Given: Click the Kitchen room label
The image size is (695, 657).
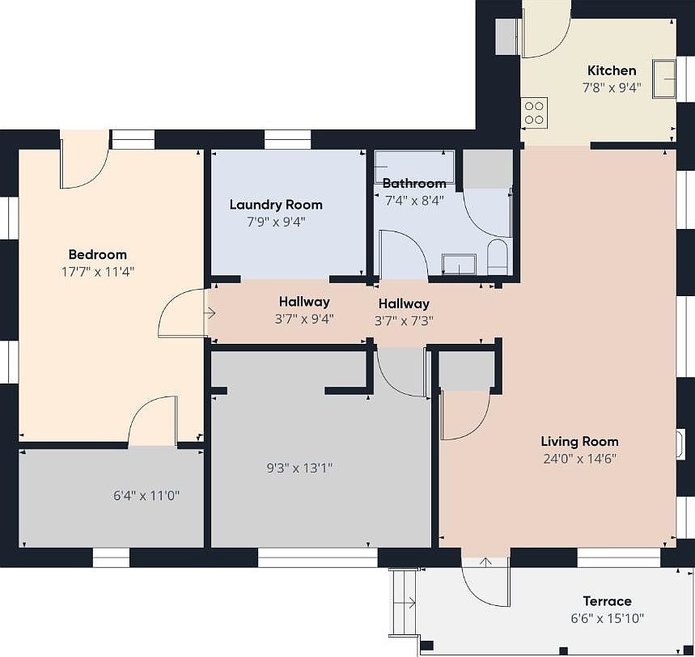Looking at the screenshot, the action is pyautogui.click(x=612, y=70).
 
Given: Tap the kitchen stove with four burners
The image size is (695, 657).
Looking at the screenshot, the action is pyautogui.click(x=534, y=112).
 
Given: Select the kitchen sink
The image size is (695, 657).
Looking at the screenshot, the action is pyautogui.click(x=664, y=79).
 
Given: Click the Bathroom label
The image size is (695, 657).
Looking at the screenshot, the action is pyautogui.click(x=414, y=183).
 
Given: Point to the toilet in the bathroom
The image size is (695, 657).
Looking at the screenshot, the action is pyautogui.click(x=498, y=257).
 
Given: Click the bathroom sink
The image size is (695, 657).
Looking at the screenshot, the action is pyautogui.click(x=460, y=265).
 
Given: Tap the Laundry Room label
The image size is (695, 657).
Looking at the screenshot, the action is pyautogui.click(x=276, y=205).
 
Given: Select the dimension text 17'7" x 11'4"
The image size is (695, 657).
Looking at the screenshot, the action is pyautogui.click(x=98, y=271).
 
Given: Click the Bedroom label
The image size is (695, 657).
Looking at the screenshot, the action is pyautogui.click(x=98, y=255).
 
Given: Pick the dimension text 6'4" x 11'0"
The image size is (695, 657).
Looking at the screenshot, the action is pyautogui.click(x=146, y=495).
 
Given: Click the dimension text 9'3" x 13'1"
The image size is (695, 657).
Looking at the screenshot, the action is pyautogui.click(x=299, y=468).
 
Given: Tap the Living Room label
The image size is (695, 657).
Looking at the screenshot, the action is pyautogui.click(x=580, y=442).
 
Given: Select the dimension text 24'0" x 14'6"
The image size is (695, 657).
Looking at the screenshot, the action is pyautogui.click(x=580, y=458).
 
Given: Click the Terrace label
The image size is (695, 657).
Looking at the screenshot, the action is pyautogui.click(x=607, y=601).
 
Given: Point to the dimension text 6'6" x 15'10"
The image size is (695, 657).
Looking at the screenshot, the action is pyautogui.click(x=608, y=618).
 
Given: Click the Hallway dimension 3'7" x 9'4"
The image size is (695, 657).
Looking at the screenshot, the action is pyautogui.click(x=304, y=319).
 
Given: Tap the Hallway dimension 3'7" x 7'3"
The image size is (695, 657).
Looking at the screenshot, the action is pyautogui.click(x=404, y=320).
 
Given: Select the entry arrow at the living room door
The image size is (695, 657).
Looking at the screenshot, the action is pyautogui.click(x=486, y=563).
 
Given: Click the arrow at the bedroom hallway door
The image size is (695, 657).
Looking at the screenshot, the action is pyautogui.click(x=210, y=314).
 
